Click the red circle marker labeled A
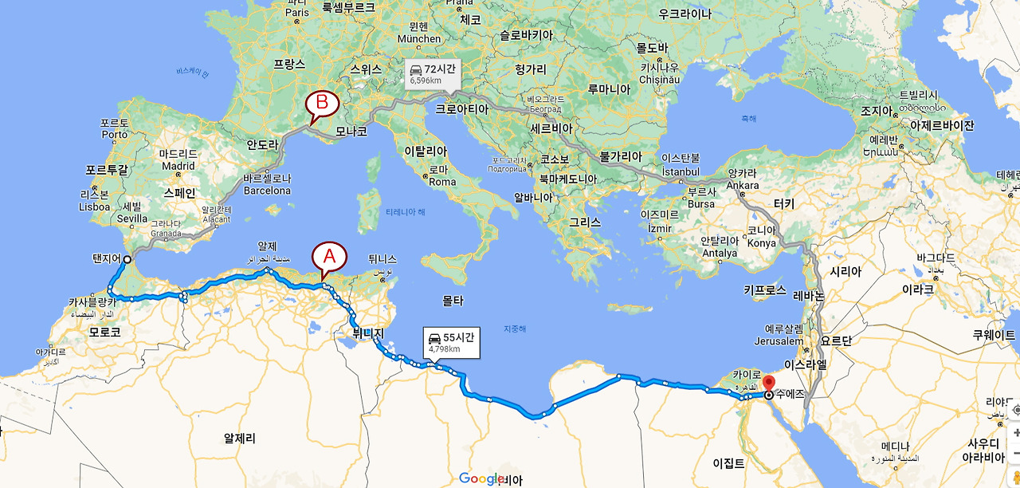click(x=330, y=256)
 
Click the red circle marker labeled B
click(x=323, y=103)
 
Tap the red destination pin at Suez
click(x=768, y=383)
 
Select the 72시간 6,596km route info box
click(x=431, y=74)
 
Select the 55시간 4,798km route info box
click(x=451, y=342)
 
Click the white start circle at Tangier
click(x=127, y=259)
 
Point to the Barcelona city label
click(x=267, y=191)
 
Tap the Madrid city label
click(x=178, y=166)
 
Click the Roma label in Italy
click(x=442, y=181)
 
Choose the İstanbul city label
click(x=681, y=171)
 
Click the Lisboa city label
click(x=94, y=206)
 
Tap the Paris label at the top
click(x=296, y=12)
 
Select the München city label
click(x=418, y=38)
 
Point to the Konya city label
click(x=761, y=243)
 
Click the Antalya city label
click(x=719, y=254)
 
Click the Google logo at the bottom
click(x=483, y=478)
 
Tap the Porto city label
click(x=115, y=135)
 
